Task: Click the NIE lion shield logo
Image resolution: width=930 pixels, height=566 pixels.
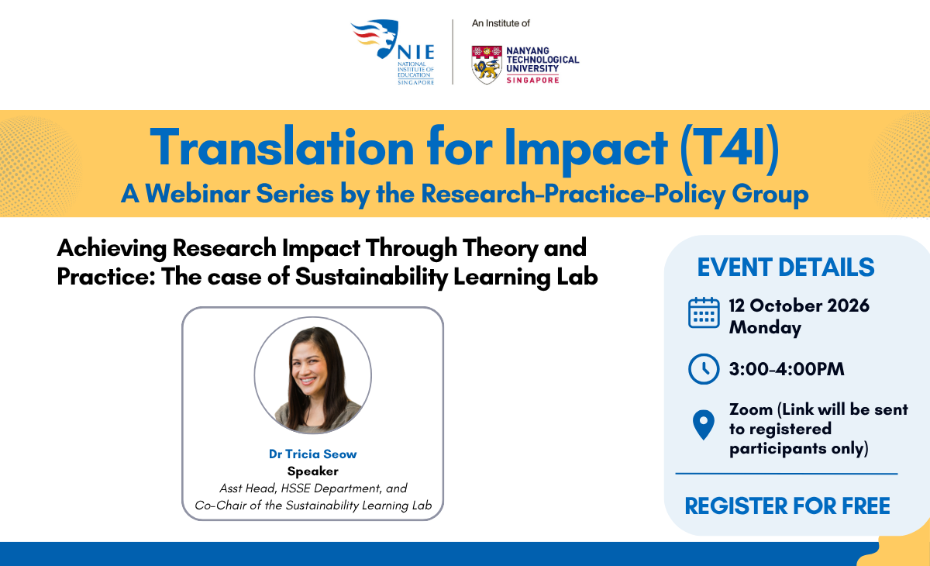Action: pos(376,38)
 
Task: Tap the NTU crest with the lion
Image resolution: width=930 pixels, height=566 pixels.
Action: pos(487,65)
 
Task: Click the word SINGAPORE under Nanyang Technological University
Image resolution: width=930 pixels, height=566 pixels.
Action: pos(532,80)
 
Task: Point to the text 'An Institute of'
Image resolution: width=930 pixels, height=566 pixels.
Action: pos(501,23)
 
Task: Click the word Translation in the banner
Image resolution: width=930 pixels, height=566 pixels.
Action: pos(282,147)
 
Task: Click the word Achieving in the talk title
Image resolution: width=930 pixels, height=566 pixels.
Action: pos(112,249)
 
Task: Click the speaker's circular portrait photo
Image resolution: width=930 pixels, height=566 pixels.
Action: pos(312,375)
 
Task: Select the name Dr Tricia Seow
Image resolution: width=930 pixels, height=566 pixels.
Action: pos(312,454)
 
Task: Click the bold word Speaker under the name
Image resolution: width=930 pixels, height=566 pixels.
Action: pos(312,471)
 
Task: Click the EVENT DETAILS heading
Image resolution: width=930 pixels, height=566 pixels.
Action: pos(786,267)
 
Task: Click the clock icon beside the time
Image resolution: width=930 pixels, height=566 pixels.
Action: pos(704,369)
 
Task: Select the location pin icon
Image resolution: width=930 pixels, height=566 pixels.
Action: pos(704,424)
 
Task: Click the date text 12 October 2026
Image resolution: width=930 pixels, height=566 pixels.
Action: pos(799,305)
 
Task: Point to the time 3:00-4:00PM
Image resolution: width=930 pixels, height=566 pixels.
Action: pos(787,369)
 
